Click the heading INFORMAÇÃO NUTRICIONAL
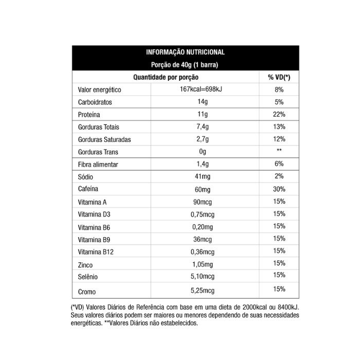(185, 52)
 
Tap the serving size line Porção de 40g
(185, 65)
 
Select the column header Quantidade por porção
(166, 77)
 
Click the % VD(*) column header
(279, 77)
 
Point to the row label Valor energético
(99, 89)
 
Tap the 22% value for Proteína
(279, 114)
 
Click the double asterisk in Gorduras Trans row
(279, 151)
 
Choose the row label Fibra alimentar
(98, 165)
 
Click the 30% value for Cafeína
(279, 189)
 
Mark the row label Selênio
(88, 277)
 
